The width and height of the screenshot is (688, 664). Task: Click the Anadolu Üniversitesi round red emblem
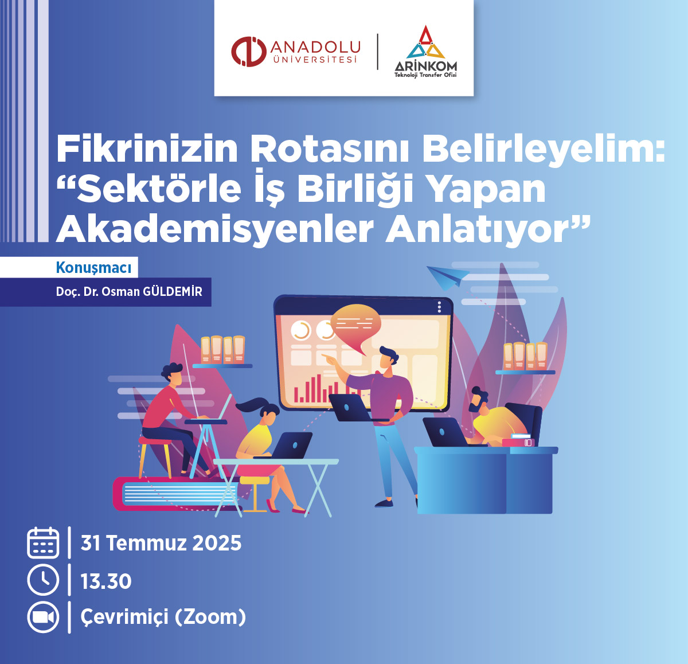[249, 52]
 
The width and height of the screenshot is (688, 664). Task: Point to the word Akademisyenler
[215, 231]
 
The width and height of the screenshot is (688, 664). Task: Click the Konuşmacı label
[93, 268]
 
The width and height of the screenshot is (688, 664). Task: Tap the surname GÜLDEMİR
[173, 292]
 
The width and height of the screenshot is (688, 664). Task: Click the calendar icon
[43, 543]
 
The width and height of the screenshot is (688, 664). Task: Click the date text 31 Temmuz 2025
[161, 543]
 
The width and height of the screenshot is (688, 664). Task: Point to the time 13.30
[106, 581]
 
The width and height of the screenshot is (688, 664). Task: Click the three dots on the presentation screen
[439, 307]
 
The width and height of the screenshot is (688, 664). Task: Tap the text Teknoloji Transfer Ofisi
[425, 75]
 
